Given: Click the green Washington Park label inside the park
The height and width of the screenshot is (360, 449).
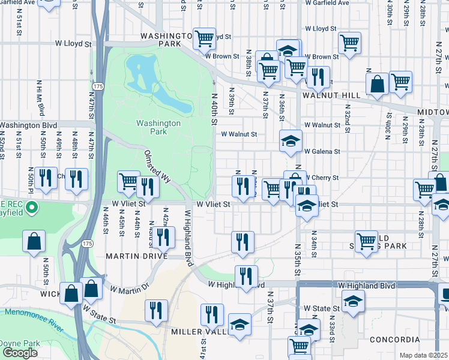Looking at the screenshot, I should [x=158, y=127].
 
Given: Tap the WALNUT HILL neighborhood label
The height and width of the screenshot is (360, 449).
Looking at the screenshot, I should [x=331, y=95].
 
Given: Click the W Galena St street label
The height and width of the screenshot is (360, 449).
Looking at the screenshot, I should [x=322, y=152].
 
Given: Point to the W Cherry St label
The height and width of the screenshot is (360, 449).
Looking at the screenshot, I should [x=323, y=178].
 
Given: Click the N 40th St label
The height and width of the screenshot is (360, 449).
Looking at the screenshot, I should [x=213, y=109].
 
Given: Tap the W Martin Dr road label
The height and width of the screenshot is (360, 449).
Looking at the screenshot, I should [x=128, y=289].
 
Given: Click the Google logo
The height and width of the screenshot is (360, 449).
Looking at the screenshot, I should [x=19, y=353].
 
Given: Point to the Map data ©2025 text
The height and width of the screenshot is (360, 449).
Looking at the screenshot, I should [x=424, y=355].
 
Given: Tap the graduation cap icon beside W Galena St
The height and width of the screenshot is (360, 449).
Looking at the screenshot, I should [x=291, y=142].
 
